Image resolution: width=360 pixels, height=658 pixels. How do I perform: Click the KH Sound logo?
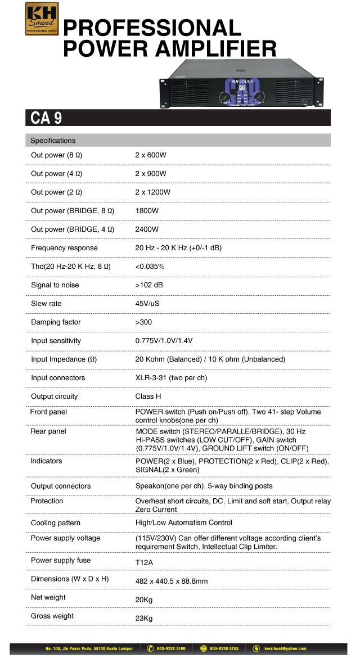42,19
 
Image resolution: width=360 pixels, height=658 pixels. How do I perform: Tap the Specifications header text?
53,141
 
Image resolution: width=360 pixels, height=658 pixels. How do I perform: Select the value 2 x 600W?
151,155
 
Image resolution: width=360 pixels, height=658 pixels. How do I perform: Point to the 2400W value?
147,229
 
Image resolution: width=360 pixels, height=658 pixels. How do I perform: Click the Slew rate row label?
46,304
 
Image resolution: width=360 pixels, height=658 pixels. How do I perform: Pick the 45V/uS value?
147,304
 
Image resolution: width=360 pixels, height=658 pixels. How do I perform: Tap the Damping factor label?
56,322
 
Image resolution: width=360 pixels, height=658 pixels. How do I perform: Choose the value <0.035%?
150,267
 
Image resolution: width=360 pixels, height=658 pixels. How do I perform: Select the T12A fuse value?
145,561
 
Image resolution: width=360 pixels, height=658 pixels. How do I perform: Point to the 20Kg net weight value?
144,600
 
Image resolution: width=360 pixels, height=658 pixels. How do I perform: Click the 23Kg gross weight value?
144,619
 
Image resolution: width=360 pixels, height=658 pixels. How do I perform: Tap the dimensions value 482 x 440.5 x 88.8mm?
172,579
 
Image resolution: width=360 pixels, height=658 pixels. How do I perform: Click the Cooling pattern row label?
56,523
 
